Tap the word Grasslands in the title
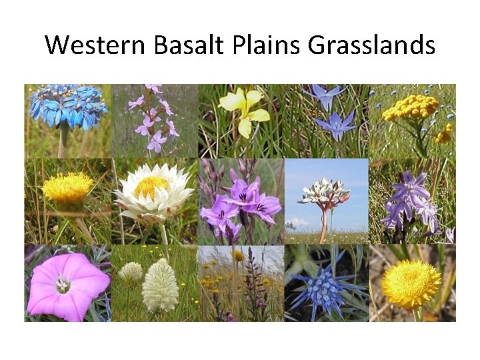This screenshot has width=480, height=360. pos(372,45)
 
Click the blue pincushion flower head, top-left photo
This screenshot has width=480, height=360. pos(67,105)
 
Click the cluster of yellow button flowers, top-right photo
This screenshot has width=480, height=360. pos(410,107)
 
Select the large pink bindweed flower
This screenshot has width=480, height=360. pos(66,285)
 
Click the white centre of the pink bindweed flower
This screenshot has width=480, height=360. pos(63,284)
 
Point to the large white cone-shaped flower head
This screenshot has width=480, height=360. pos(161,287)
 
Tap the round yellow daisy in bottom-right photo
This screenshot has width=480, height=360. pos(410,283)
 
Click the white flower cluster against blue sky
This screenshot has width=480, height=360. pos(324,193)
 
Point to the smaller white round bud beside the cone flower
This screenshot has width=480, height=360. pos(131,272)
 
